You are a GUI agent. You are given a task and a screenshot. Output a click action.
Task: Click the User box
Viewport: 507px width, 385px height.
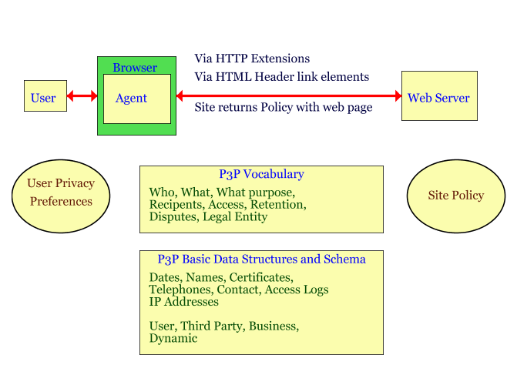pos(45,96)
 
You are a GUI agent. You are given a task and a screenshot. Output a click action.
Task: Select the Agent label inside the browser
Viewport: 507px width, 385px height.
pos(131,98)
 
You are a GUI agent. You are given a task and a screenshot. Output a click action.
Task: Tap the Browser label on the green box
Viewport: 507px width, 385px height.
pos(135,68)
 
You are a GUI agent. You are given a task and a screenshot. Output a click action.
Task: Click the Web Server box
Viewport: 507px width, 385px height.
pos(438,96)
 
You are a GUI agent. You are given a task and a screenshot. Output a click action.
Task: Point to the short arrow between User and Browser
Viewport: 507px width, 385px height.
pos(82,96)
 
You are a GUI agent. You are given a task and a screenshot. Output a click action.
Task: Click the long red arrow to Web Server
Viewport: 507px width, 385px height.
pos(289,96)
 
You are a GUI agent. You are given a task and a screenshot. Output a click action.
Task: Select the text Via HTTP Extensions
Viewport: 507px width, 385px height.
pos(252,59)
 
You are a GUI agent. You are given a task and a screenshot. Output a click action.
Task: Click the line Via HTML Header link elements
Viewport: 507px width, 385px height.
pos(281,77)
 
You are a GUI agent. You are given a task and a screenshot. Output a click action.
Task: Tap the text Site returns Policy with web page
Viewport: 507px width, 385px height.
pos(283,108)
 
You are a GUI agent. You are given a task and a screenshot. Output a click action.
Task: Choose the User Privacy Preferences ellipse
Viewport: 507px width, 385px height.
pos(61,192)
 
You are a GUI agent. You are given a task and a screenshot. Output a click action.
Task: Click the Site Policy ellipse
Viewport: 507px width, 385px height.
pos(455,195)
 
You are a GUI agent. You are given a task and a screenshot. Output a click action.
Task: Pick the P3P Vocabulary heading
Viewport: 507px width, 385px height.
pos(261,174)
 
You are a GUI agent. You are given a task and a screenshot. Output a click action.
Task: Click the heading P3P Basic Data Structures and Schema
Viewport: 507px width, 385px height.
pos(261,259)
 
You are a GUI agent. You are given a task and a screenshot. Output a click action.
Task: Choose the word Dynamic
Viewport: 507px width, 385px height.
pos(173,338)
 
